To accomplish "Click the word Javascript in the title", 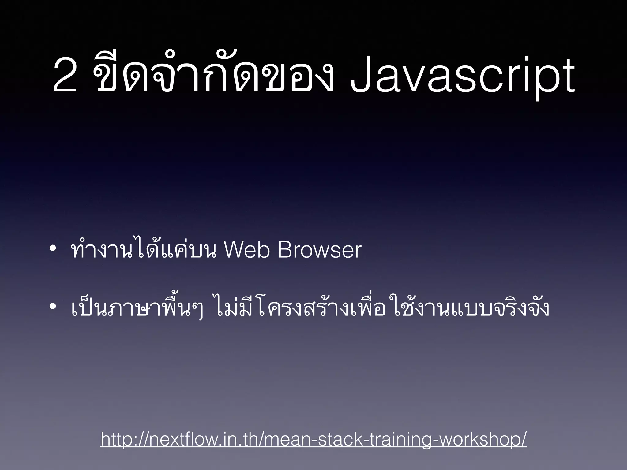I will coord(462,76).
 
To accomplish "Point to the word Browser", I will coord(320,250).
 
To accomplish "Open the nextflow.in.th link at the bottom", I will coord(313,439).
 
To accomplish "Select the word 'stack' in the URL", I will coord(336,439).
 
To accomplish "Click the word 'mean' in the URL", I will coord(283,439).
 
